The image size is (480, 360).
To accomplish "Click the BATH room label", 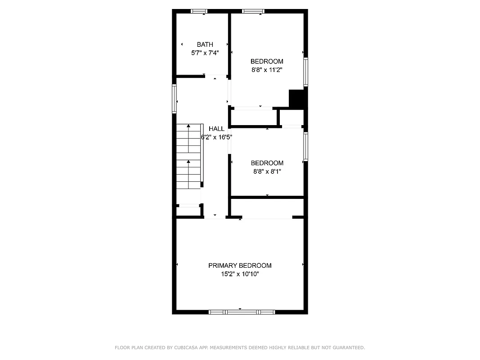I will [205, 44].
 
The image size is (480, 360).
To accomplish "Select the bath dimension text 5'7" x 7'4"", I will [205, 53].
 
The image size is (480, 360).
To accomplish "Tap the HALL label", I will [216, 129].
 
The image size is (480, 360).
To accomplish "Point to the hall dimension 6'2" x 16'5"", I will [216, 137].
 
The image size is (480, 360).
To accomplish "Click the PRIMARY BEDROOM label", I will [240, 265].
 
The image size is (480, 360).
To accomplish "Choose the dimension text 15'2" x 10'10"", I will [240, 274].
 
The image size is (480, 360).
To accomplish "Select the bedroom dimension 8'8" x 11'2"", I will [267, 70].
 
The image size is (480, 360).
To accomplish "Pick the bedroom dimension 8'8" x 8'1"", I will [267, 171].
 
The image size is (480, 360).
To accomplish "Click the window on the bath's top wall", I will [199, 11].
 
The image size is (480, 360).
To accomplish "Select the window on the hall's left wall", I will [174, 99].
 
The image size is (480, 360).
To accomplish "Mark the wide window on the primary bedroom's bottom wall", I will [242, 311].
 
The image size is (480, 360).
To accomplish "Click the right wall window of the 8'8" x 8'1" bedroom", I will [305, 147].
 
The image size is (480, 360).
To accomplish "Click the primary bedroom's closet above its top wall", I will [267, 208].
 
